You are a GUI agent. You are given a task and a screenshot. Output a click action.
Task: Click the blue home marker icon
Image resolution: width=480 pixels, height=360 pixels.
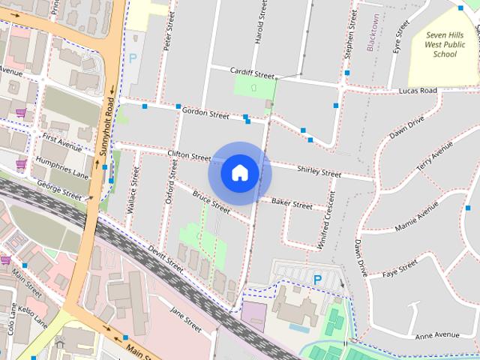point(239,172)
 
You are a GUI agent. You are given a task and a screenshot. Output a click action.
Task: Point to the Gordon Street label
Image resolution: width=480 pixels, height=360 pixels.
point(205,115)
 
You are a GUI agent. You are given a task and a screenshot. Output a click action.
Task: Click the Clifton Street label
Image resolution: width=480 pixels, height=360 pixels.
point(189,155)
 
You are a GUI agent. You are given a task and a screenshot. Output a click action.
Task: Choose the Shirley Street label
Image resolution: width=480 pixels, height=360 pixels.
point(319,172)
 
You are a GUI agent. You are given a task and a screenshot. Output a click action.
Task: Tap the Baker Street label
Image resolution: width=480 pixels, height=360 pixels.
point(292,203)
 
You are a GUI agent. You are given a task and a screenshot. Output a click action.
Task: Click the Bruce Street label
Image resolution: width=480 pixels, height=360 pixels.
point(211,201)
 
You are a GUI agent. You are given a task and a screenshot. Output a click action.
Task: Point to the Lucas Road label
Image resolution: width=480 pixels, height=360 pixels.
point(418,91)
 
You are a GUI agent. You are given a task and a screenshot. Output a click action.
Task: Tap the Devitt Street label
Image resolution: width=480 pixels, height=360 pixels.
point(165,259)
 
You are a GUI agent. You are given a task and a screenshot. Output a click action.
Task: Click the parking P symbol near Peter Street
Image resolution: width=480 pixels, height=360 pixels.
point(133,57)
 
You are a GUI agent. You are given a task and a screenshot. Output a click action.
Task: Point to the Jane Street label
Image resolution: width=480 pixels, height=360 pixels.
point(185,320)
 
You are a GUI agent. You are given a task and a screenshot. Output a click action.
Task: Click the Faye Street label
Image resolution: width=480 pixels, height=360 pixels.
point(399,269)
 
